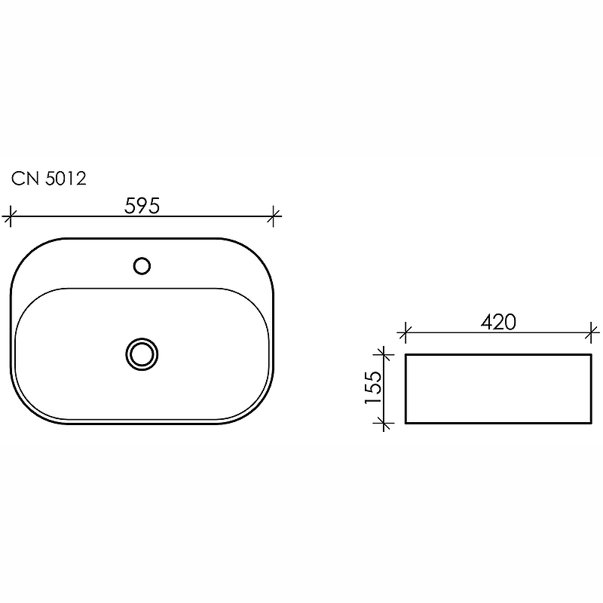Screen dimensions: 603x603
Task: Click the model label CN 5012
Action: click(49, 179)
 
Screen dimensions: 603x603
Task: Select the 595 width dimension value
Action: click(142, 206)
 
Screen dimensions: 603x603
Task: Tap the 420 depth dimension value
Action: click(498, 322)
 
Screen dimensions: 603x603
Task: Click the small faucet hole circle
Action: click(142, 265)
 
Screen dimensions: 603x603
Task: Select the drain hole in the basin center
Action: click(142, 353)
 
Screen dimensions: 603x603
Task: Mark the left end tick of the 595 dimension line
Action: click(9, 217)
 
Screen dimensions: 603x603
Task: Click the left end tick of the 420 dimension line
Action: click(406, 332)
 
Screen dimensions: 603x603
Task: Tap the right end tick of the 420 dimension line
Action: click(592, 332)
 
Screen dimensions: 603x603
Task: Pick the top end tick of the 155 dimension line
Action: click(385, 354)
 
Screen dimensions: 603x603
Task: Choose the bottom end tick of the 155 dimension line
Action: click(385, 424)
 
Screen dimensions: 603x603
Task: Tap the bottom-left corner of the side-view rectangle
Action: click(406, 423)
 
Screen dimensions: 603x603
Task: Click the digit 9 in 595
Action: click(142, 206)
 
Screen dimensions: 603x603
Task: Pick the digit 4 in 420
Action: click(486, 322)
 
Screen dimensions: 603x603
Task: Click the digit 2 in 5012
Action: click(81, 179)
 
